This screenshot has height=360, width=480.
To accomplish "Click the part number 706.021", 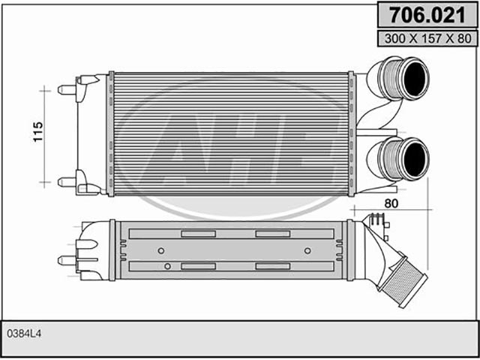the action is coord(427,15).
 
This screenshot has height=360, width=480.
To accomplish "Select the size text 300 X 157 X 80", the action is coord(427,38).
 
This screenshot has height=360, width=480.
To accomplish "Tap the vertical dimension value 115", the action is coord(38,132).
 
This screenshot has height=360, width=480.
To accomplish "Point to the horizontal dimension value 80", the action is coord(391,203).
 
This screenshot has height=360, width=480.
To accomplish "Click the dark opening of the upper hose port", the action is coord(415,78).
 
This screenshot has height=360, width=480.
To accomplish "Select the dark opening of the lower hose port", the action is coord(415,159).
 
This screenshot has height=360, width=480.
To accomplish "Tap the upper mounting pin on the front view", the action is coord(67,90).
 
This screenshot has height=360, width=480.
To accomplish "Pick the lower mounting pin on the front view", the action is coord(67,182).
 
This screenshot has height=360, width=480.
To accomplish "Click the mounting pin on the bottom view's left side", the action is coord(67,260).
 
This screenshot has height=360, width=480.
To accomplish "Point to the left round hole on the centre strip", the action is coord(161,250).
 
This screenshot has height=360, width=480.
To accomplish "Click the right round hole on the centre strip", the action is coord(307,250).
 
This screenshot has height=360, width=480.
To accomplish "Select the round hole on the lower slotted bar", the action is coord(167,266).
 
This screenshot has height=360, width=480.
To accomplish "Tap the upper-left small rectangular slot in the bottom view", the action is coord(198,234).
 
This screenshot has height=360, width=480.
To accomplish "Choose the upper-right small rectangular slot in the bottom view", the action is coord(273,234).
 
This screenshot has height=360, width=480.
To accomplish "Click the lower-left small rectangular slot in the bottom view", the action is coord(198,266).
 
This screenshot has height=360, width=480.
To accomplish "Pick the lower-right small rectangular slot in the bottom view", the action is coord(273,266).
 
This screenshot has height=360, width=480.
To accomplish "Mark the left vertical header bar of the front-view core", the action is coord(111,133).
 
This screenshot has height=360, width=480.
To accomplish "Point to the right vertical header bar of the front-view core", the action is coord(352,133).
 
